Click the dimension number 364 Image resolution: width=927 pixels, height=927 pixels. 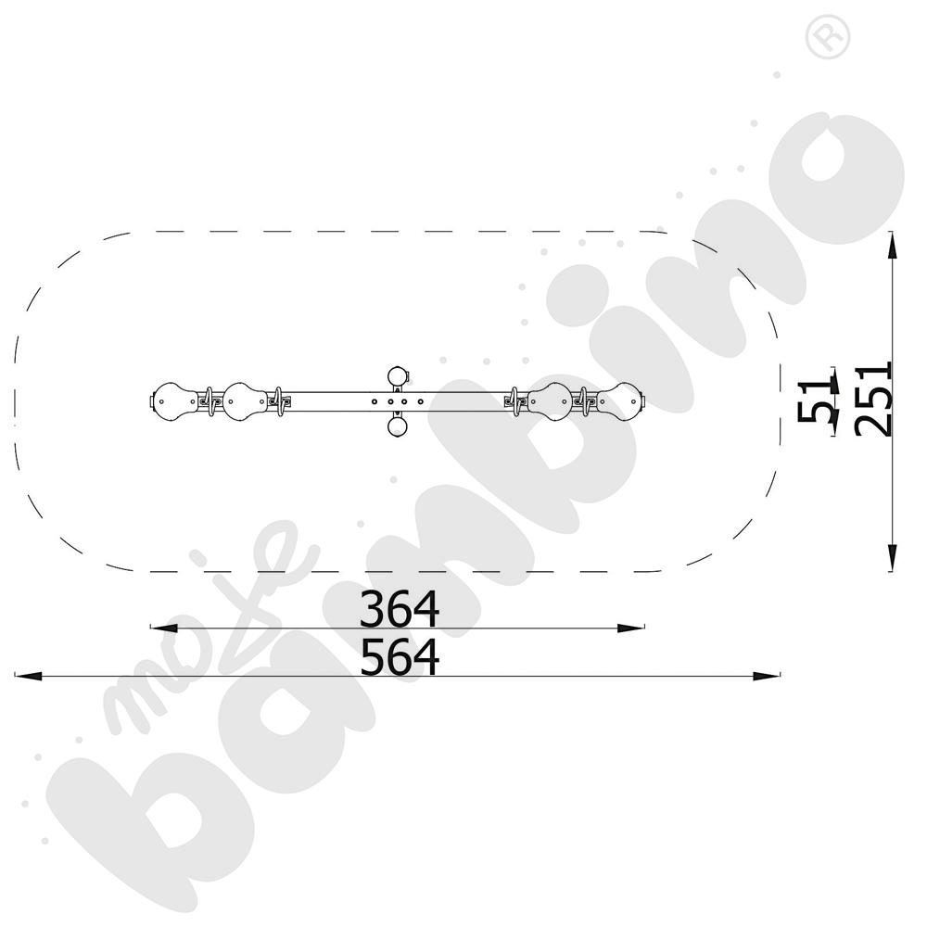click(x=399, y=608)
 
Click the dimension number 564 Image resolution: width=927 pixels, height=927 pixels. click(x=399, y=656)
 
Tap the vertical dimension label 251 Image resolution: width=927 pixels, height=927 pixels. click(x=872, y=400)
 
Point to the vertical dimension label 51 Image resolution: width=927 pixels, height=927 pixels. click(x=814, y=400)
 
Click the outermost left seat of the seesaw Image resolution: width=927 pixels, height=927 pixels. click(x=174, y=401)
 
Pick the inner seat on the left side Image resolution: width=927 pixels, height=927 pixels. click(x=245, y=401)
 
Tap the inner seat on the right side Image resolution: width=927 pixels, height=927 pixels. click(x=551, y=401)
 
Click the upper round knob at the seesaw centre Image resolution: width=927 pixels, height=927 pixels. click(x=398, y=376)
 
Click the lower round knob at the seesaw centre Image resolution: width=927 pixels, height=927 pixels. click(x=398, y=426)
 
